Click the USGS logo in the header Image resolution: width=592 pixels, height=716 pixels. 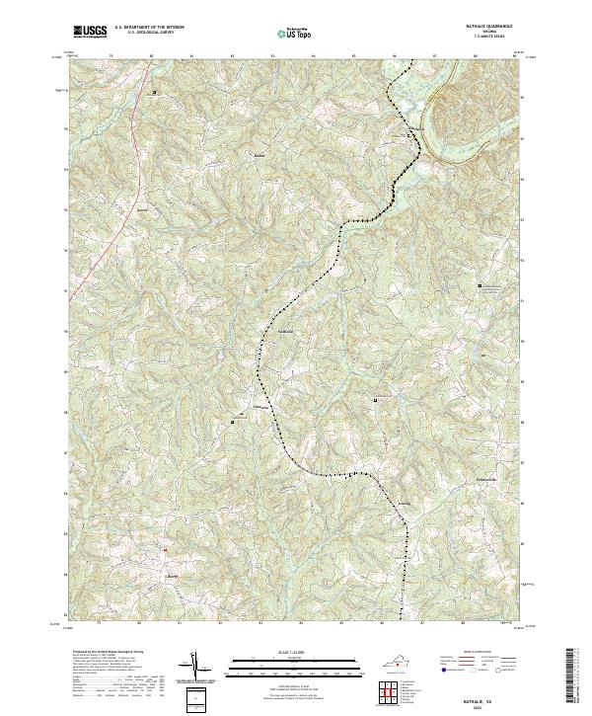coord(90,32)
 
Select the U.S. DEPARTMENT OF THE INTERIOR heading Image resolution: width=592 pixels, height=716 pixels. coord(149,28)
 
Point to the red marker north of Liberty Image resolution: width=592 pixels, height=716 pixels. coord(166,549)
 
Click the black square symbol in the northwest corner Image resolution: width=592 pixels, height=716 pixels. coord(154,94)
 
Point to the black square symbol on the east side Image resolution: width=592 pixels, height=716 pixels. coord(481,286)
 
